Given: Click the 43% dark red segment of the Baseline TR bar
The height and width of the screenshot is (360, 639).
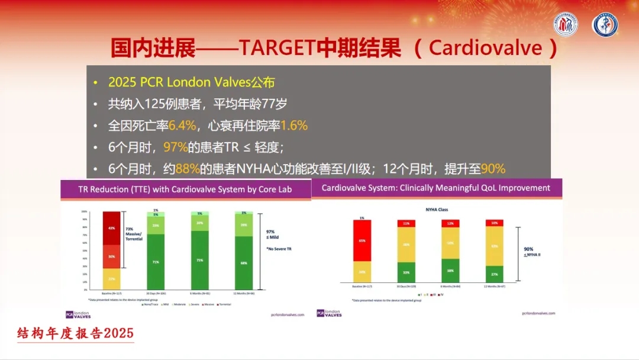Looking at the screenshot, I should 111,228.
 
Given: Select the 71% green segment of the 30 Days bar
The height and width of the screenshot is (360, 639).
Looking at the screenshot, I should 156,261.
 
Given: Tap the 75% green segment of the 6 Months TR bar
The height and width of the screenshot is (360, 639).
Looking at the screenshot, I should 199,259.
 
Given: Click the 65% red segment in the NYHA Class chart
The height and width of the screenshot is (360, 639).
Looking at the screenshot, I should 362,240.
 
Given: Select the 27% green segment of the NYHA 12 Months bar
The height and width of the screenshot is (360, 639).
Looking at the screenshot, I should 495,274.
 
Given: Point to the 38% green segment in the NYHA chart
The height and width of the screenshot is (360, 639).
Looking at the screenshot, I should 450,271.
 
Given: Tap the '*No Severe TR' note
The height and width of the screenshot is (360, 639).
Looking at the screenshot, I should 279,249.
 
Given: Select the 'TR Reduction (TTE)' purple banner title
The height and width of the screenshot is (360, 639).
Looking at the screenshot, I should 186,189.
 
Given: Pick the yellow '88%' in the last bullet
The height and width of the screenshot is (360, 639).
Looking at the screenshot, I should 188,169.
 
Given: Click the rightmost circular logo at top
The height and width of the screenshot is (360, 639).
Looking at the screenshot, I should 605,25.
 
